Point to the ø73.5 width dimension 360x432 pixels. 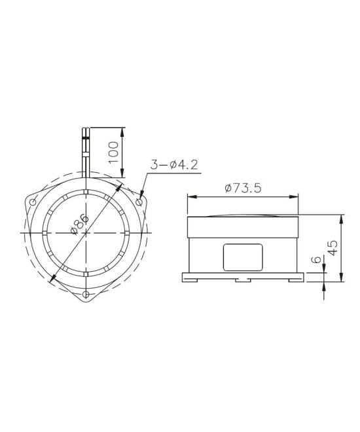(243, 188)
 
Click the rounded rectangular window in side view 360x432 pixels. (242, 257)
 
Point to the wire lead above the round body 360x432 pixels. (86, 149)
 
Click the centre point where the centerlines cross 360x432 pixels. (86, 232)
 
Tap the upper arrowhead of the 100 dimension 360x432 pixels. (122, 130)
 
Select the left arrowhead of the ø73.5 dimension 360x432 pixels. (190, 196)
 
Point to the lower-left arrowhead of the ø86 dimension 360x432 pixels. (51, 280)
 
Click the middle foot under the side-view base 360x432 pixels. (242, 279)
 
